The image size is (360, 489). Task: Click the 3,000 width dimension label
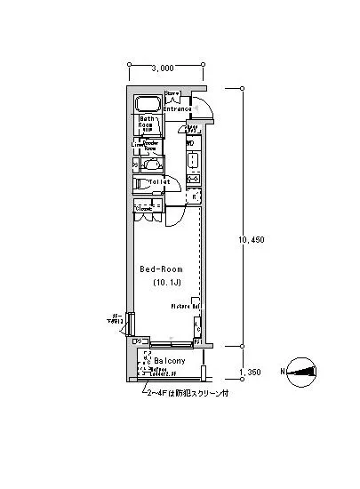tap(162, 68)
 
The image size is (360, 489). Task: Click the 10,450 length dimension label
tap(252, 239)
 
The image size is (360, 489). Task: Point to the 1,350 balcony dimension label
tap(252, 374)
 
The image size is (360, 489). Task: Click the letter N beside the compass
tap(283, 373)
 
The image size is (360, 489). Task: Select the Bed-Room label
tap(161, 268)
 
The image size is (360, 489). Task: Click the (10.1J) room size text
tap(161, 282)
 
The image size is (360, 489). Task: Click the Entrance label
tap(178, 109)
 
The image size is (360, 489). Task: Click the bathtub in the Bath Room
tap(147, 103)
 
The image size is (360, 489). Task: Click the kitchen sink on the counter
tap(192, 160)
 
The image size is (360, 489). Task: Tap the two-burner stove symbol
tap(192, 179)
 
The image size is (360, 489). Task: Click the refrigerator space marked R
tap(195, 196)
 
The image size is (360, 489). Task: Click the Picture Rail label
tap(185, 306)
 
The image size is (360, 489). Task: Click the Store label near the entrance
tap(172, 93)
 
